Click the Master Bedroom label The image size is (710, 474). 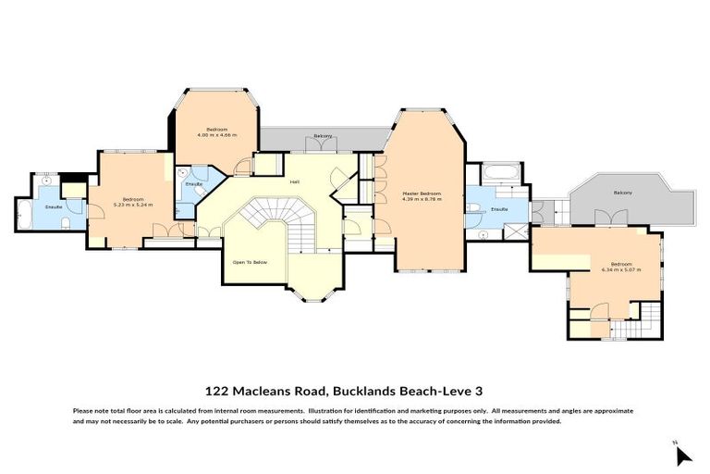tap(421, 193)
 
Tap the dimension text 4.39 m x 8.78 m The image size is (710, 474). tap(421, 199)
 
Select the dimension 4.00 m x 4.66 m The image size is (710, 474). tap(216, 135)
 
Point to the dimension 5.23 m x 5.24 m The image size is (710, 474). tap(132, 204)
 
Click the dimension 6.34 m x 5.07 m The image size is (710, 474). tap(620, 269)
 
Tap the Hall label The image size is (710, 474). tap(294, 181)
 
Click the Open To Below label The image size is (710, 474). tap(250, 263)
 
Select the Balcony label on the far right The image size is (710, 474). tap(622, 192)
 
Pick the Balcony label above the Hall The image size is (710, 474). tap(323, 136)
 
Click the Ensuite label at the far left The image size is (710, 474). tap(54, 206)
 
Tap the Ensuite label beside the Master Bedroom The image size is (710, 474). tap(498, 209)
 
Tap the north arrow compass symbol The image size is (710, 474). tap(683, 455)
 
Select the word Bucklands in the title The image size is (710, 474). tap(367, 392)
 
